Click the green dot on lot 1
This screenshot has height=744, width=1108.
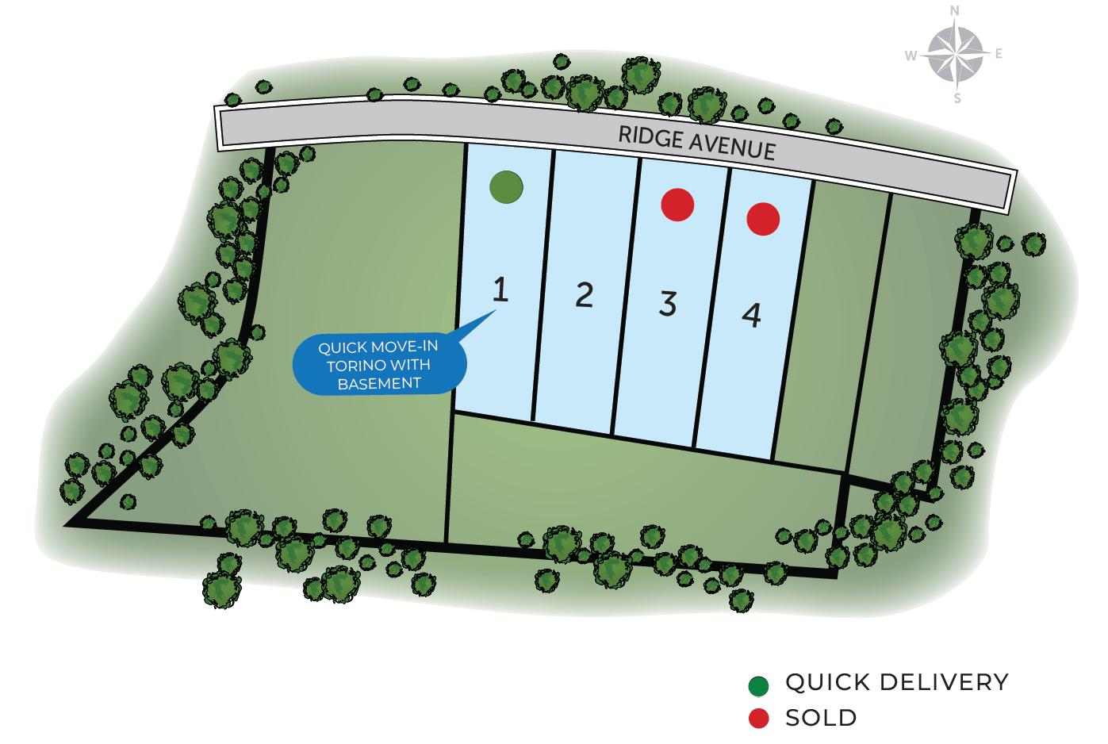point(506,187)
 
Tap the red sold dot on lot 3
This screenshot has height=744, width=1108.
point(677,205)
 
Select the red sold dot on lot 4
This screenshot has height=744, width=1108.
point(763,219)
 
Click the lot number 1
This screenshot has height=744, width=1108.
point(500,290)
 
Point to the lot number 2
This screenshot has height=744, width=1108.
point(585,295)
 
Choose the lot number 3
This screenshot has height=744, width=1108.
point(668,303)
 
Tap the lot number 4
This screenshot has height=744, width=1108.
point(751,315)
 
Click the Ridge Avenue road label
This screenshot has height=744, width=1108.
point(697,143)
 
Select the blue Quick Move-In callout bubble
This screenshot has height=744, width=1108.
point(379,363)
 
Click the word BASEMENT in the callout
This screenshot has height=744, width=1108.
point(379,383)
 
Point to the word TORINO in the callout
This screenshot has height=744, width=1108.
point(355,366)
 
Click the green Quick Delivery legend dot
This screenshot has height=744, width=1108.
point(758,686)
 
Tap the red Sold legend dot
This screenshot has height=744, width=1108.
point(758,719)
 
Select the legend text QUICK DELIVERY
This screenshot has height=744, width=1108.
point(897,682)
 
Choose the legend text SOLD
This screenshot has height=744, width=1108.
point(821,718)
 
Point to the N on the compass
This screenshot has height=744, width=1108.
point(955,10)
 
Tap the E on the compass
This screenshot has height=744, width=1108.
point(999,53)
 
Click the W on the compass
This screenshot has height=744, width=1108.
point(911,56)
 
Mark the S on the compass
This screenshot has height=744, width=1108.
point(957,98)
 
